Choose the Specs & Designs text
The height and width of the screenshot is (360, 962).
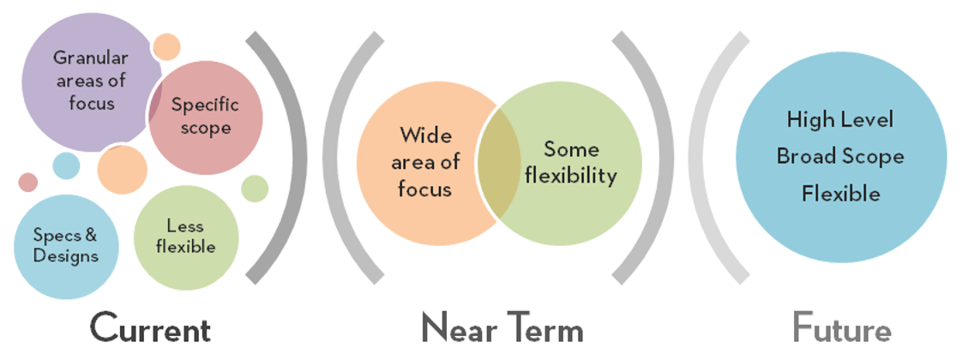(x=65, y=244)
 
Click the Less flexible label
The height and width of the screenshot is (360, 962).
(x=185, y=237)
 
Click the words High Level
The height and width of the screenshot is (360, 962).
(x=840, y=119)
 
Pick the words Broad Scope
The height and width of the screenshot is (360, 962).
(x=840, y=156)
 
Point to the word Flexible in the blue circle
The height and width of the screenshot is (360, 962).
(x=840, y=194)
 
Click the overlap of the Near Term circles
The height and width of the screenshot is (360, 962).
(x=498, y=163)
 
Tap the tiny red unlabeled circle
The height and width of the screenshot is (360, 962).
(x=28, y=182)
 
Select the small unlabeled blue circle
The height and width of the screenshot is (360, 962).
(x=66, y=165)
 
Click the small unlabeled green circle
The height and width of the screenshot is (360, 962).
(x=255, y=189)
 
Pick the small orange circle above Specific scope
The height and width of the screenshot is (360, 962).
(x=166, y=46)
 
